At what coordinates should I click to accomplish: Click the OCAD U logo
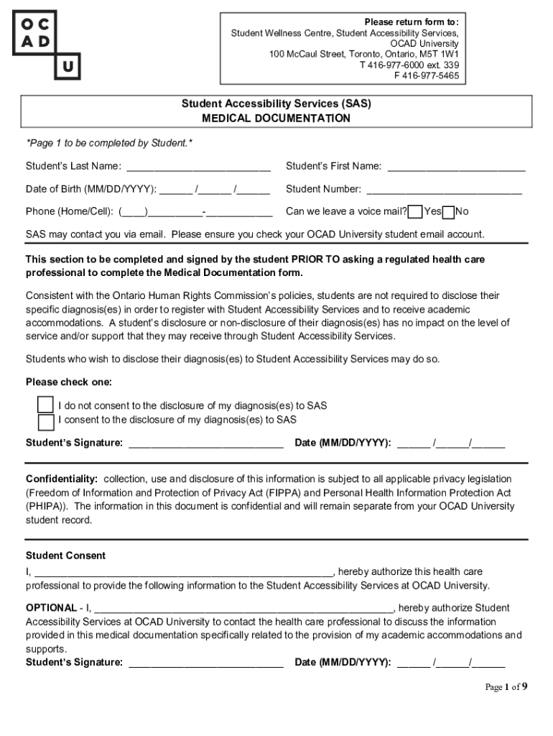tap(47, 45)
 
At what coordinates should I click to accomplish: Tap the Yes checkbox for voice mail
tap(414, 211)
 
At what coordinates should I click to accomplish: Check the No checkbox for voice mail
tap(448, 211)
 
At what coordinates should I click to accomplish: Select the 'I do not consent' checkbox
tap(46, 405)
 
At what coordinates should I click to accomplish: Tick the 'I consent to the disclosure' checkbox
tap(46, 420)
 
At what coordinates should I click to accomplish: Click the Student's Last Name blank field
tap(198, 167)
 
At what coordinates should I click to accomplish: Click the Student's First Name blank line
tap(456, 167)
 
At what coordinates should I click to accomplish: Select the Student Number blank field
tap(444, 190)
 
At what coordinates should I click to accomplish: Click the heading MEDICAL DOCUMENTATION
tap(276, 118)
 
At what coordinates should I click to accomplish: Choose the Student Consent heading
tap(65, 556)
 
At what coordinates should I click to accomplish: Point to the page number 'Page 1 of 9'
tap(506, 686)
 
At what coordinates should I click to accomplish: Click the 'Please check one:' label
tap(69, 382)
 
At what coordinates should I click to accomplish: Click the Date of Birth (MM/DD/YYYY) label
tap(91, 189)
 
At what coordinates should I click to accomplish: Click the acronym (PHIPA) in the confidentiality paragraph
tap(47, 506)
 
